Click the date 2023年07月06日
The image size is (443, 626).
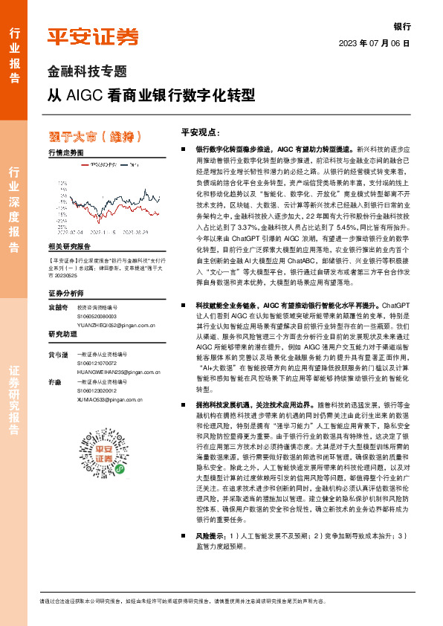click(375, 43)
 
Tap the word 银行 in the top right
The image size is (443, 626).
click(401, 25)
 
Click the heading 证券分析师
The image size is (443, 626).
click(64, 293)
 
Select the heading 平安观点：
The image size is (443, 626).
click(198, 132)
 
